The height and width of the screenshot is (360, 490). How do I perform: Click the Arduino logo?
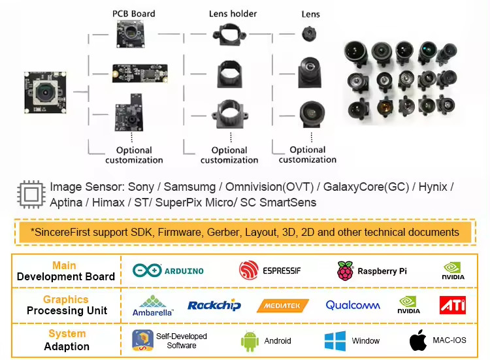pyautogui.click(x=168, y=270)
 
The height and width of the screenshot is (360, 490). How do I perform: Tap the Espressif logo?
pyautogui.click(x=270, y=270)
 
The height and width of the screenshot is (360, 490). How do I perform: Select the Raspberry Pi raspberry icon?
pyautogui.click(x=345, y=270)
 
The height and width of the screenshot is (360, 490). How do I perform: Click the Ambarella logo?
pyautogui.click(x=152, y=306)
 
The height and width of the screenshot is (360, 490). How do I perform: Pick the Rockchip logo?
pyautogui.click(x=214, y=305)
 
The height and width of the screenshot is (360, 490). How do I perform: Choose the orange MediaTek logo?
pyautogui.click(x=282, y=306)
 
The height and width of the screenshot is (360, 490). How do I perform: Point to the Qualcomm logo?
pyautogui.click(x=353, y=305)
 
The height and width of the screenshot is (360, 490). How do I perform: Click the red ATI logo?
pyautogui.click(x=453, y=305)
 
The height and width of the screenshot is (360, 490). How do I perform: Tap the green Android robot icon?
pyautogui.click(x=250, y=342)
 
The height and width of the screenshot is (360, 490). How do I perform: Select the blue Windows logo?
pyautogui.click(x=335, y=341)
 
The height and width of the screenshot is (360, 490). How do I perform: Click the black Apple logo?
pyautogui.click(x=418, y=340)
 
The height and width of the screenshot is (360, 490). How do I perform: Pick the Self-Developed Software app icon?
pyautogui.click(x=143, y=340)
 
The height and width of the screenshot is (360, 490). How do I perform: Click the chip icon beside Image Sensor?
pyautogui.click(x=31, y=195)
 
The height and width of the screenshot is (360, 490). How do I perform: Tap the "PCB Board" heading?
pyautogui.click(x=134, y=14)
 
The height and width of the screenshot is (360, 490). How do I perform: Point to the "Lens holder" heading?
pyautogui.click(x=233, y=14)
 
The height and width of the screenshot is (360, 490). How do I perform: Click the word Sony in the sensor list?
pyautogui.click(x=141, y=187)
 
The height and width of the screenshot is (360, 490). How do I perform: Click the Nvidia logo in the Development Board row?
pyautogui.click(x=453, y=270)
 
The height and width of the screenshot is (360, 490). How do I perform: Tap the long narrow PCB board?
pyautogui.click(x=140, y=73)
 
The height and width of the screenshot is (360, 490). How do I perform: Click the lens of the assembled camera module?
pyautogui.click(x=46, y=92)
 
